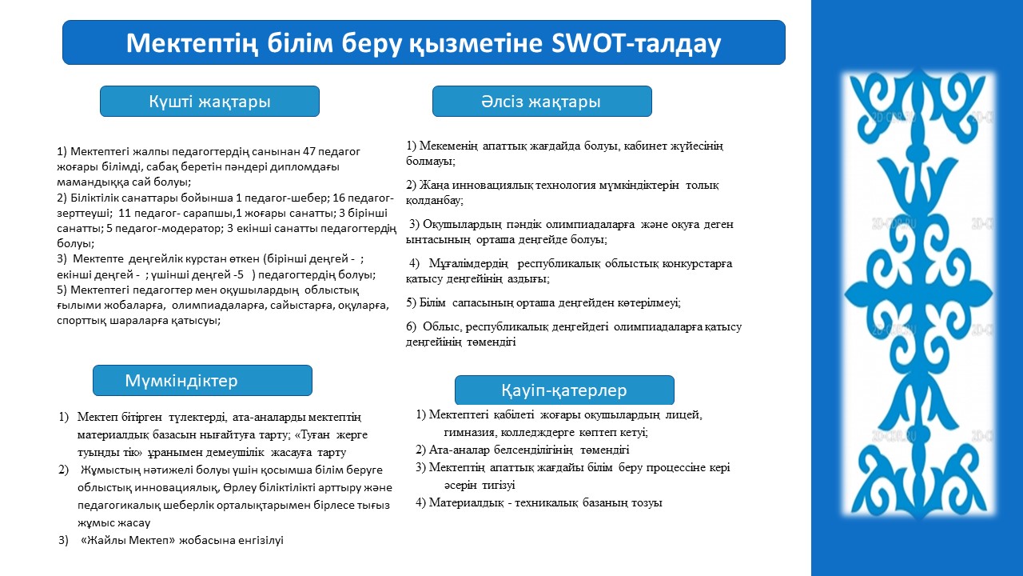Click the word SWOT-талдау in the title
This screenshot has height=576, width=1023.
[636, 43]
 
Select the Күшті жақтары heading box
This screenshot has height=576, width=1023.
[209, 101]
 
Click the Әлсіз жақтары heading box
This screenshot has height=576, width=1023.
[542, 101]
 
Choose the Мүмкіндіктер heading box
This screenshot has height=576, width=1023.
[202, 380]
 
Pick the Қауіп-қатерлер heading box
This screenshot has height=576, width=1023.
[564, 390]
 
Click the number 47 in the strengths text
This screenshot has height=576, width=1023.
[308, 151]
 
